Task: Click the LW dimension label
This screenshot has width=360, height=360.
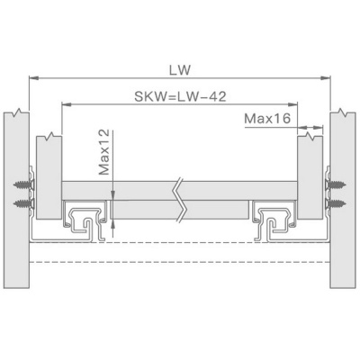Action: pyautogui.click(x=180, y=70)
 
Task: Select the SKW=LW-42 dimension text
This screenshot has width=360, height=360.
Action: pyautogui.click(x=180, y=96)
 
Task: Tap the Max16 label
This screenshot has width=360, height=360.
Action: pyautogui.click(x=267, y=119)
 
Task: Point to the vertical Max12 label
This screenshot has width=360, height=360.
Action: pyautogui.click(x=104, y=152)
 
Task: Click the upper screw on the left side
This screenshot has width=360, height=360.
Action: pyautogui.click(x=23, y=184)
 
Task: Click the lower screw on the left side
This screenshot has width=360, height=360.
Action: pyautogui.click(x=23, y=203)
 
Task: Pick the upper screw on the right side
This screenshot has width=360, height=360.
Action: pyautogui.click(x=336, y=184)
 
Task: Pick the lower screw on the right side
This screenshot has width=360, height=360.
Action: pyautogui.click(x=336, y=203)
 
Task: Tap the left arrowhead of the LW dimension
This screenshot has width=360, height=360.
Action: pyautogui.click(x=33, y=78)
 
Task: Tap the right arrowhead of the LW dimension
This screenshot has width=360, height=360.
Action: pyautogui.click(x=326, y=78)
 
